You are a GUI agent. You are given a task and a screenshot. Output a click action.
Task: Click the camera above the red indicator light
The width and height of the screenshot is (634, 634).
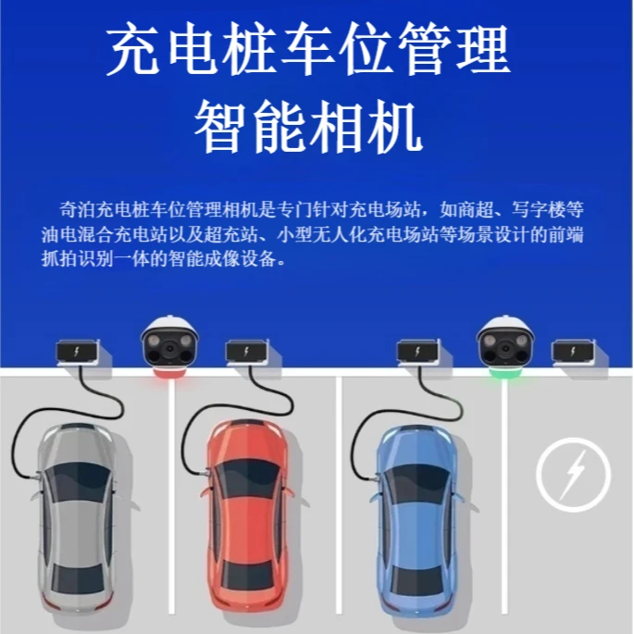pos(170,342)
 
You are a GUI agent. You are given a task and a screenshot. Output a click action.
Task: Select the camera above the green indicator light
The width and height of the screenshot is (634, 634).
pos(505,342)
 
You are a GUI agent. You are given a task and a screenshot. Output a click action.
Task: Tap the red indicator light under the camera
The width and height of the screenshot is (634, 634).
pos(170,374)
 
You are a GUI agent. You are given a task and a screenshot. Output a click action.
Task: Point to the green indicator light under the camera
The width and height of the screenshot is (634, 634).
pos(505,374)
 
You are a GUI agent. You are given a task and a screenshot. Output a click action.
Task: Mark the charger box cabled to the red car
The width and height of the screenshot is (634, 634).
pos(248,353)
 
